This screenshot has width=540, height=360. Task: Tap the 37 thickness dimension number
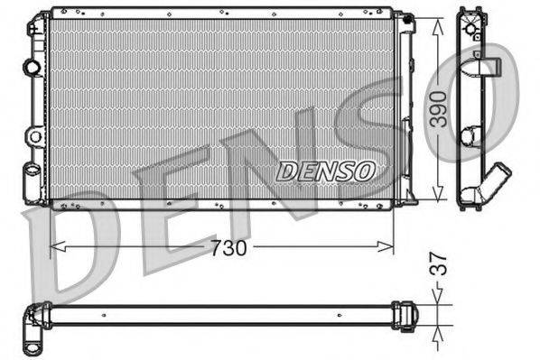439,268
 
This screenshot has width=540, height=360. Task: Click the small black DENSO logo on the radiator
325,171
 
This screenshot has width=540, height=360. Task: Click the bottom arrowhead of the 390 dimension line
439,197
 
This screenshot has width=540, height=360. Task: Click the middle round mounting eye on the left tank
34,136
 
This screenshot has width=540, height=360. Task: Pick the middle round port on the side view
470,135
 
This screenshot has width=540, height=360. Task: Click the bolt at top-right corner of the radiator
406,18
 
